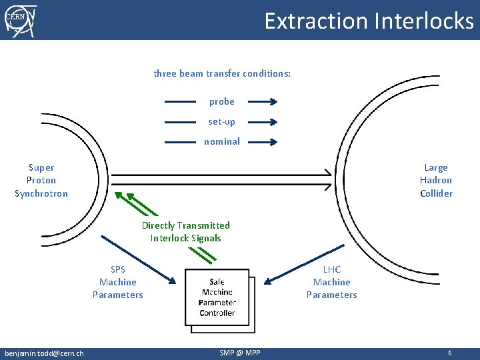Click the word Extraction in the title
click(x=316, y=21)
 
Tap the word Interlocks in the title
click(x=423, y=21)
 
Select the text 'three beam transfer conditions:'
click(x=222, y=73)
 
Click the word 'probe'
click(x=222, y=102)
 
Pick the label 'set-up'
click(x=222, y=122)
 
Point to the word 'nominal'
click(x=222, y=141)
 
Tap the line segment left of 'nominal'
click(x=180, y=142)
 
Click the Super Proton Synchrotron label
click(x=41, y=181)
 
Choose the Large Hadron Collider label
click(x=436, y=181)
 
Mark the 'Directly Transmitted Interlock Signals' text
click(x=186, y=232)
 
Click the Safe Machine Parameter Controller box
click(x=217, y=297)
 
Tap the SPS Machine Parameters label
click(x=117, y=282)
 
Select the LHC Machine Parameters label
click(x=331, y=282)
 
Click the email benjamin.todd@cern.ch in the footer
click(x=44, y=353)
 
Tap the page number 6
click(x=450, y=353)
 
